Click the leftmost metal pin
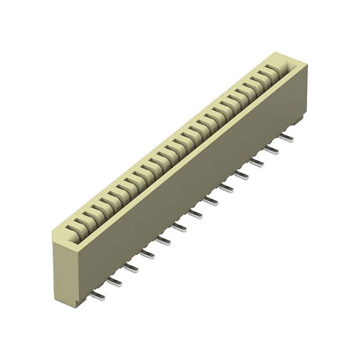[x=97, y=296]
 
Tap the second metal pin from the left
[x=114, y=282]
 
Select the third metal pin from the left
[x=130, y=268]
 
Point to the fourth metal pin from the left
[x=147, y=254]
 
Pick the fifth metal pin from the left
[x=163, y=241]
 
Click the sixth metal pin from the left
[x=179, y=227]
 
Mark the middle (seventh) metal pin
[x=195, y=214]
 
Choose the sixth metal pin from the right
[x=211, y=201]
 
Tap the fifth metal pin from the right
[x=226, y=188]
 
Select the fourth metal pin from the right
[x=241, y=175]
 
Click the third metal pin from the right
[x=256, y=163]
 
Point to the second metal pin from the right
[x=272, y=150]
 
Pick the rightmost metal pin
[x=286, y=138]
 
